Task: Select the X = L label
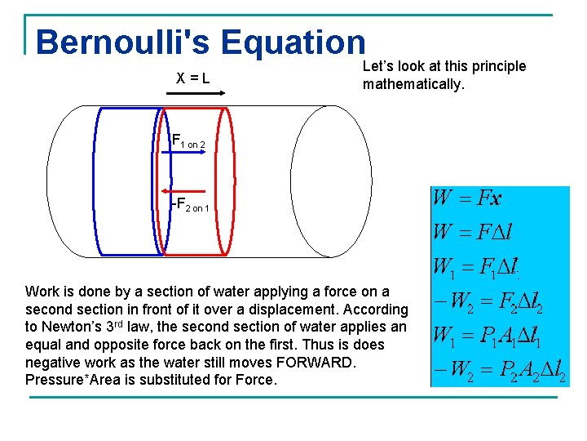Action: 193,78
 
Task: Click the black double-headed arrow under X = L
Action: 195,95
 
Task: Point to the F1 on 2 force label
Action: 192,140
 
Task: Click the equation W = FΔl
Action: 472,232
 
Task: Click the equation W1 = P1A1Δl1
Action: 487,335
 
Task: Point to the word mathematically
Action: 413,84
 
